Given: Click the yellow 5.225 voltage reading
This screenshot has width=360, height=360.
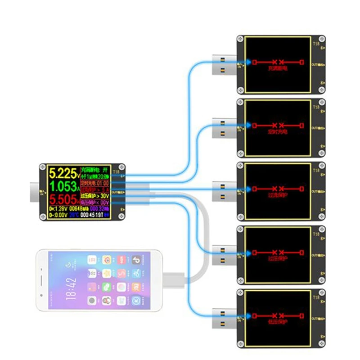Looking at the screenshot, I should tap(62, 172).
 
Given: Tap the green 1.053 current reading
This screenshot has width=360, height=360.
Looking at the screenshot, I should tap(62, 186).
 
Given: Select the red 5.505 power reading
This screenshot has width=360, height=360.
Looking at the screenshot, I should tap(62, 199).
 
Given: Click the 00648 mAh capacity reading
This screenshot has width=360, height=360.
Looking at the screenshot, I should tap(81, 209).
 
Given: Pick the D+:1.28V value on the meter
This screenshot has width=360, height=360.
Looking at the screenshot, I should tap(58, 209).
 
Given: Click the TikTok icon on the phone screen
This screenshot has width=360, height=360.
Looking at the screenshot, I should tap(135, 260).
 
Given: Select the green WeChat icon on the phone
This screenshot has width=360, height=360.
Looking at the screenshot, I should tap(107, 287).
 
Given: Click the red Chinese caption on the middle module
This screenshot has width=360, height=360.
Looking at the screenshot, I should tap(277, 195).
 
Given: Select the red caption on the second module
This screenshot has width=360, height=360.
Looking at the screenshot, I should tap(277, 132).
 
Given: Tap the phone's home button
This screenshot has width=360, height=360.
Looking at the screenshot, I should tap(42, 280).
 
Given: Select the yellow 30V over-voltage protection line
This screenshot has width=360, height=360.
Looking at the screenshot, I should tap(95, 196).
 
